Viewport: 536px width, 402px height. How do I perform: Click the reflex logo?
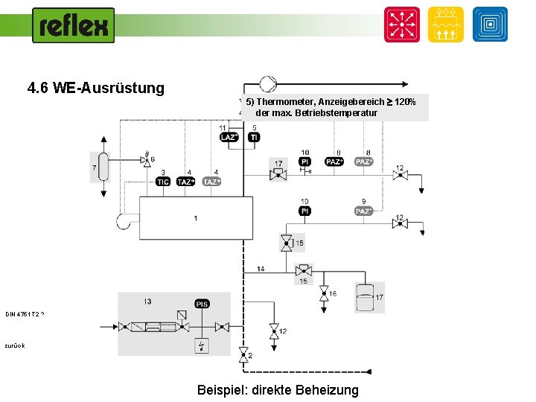[73, 25]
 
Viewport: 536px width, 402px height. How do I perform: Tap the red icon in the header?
[401, 25]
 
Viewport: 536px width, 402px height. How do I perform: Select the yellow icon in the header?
[445, 25]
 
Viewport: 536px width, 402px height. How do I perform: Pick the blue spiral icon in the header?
[490, 25]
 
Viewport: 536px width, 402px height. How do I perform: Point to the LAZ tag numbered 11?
[229, 138]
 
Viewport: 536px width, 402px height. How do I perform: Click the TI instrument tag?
[254, 138]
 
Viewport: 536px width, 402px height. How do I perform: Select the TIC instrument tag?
[162, 182]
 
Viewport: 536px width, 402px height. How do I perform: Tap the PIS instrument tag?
[202, 304]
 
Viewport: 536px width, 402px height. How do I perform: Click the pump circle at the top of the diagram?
[267, 85]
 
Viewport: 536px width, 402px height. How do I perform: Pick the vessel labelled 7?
[103, 167]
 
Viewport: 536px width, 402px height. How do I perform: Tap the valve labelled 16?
[324, 293]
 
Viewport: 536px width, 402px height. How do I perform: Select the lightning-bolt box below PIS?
[202, 345]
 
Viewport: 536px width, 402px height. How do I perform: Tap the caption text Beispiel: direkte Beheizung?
[278, 389]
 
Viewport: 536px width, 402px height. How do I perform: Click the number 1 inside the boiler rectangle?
[195, 218]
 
